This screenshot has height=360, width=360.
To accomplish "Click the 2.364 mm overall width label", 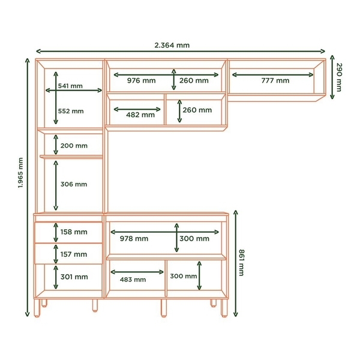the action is tap(172, 45).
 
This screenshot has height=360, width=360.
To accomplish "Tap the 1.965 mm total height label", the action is tap(20, 173).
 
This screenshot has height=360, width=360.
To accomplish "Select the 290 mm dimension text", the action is tap(339, 77).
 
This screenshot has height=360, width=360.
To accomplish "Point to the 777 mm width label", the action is tap(275, 80).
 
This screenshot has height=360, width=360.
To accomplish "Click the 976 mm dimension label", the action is tap(141, 80).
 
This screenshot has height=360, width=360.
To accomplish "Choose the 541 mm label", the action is tap(70, 86).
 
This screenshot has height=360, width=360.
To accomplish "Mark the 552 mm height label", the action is tap(71, 111).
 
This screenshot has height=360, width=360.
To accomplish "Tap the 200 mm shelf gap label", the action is tap(74, 146).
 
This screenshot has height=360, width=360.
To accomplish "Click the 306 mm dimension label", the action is tap(74, 184).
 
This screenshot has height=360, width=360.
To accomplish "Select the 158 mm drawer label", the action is tap(74, 232).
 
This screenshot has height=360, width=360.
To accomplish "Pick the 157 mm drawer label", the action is tap(74, 254).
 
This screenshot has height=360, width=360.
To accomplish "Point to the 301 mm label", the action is tap(74, 277).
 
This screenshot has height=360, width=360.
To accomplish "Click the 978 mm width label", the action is tap(134, 239).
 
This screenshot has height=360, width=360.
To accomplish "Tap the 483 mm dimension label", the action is tap(133, 280).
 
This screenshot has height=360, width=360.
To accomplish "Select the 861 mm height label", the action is tap(242, 263).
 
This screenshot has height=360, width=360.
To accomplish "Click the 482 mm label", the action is tap(140, 115).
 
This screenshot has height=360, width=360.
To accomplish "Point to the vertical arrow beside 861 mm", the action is tap(236, 263).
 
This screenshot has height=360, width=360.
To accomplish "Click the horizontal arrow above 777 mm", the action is tap(272, 75).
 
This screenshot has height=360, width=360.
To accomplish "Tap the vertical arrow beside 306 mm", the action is tap(56, 185).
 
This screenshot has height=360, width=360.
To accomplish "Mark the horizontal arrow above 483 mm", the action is tap(137, 272).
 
